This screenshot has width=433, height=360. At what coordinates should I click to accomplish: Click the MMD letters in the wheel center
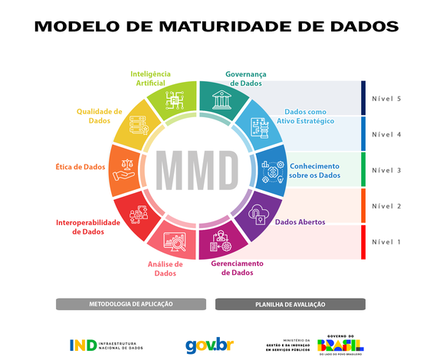point(198,166)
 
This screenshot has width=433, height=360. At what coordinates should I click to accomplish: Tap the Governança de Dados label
point(246,79)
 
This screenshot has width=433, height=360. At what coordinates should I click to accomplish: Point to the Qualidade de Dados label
point(99,116)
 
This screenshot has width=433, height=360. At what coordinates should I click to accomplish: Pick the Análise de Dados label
point(166,267)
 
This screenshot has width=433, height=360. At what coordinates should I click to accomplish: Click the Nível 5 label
point(386,99)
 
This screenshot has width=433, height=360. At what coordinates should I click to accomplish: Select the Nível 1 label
point(386,242)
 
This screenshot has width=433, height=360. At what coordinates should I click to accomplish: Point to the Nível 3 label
point(386,170)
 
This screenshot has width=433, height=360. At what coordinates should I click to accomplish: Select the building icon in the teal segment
point(222,101)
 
